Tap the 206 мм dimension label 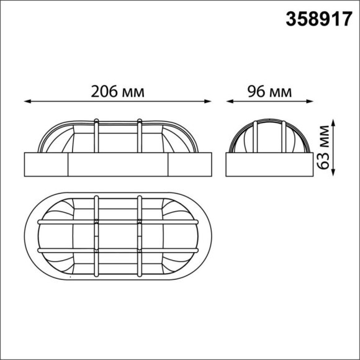click(x=117, y=92)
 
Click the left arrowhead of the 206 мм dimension click(x=27, y=101)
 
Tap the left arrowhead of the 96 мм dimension click(x=228, y=101)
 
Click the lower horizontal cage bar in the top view click(x=118, y=250)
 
